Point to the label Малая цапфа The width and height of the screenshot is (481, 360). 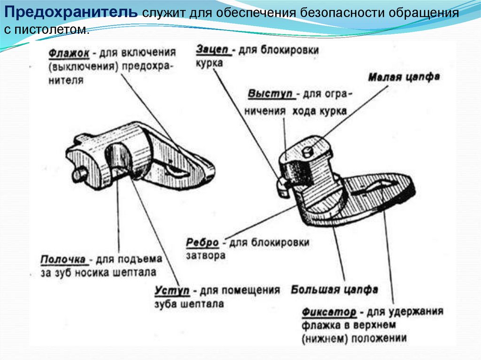click(404, 77)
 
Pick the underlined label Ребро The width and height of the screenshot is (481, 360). click(202, 243)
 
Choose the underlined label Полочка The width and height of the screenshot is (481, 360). click(63, 260)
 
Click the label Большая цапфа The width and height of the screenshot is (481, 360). click(334, 290)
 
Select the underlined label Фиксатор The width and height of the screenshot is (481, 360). click(329, 312)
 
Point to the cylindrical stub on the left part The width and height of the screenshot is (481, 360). click(79, 174)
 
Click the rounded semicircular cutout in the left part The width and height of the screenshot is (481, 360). click(117, 158)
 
